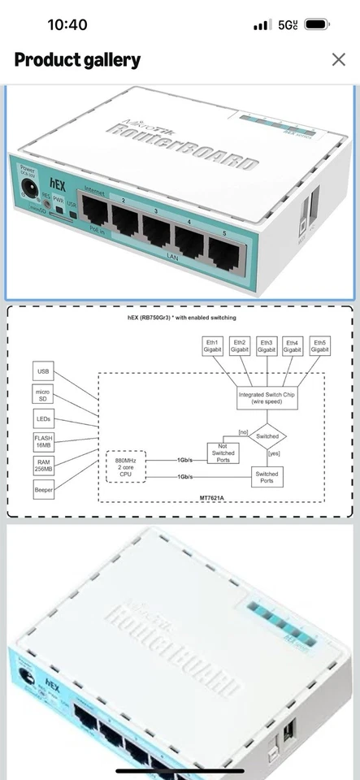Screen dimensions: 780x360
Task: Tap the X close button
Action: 338,59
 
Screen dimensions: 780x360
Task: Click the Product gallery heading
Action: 77,60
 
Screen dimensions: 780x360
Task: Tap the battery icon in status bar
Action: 317,25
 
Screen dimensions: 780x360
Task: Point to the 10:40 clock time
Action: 67,25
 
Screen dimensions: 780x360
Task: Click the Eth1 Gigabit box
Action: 213,346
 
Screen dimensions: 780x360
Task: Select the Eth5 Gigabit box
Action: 320,346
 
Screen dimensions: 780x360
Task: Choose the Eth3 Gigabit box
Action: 267,346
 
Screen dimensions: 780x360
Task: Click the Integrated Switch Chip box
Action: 267,397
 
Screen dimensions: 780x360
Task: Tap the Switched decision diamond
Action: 267,436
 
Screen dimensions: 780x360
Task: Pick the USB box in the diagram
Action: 44,372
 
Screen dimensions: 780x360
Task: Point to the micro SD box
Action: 44,395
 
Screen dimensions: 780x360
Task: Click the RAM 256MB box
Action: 44,465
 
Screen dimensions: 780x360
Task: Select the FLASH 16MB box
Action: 44,442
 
